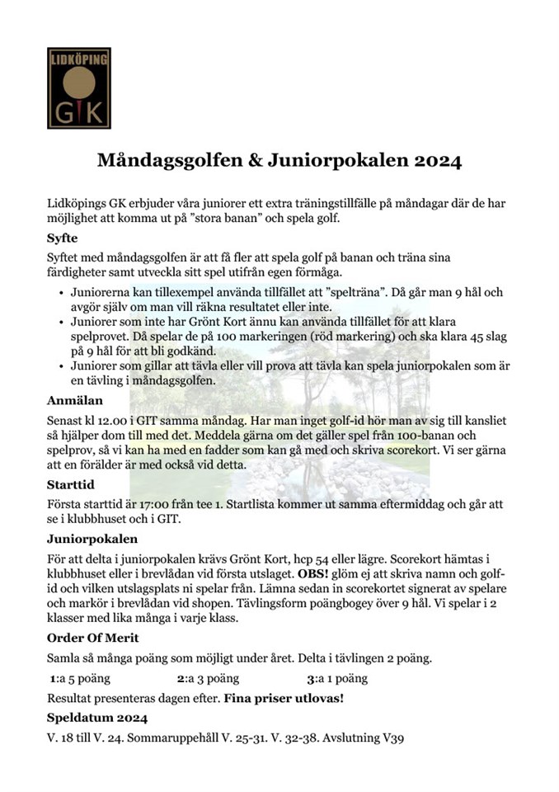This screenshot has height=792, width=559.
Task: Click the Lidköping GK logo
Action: tap(78, 88)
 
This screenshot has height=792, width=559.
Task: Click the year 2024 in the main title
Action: tap(435, 159)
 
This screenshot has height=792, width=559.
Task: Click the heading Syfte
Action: tap(63, 238)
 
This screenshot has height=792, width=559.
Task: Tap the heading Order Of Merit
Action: tap(92, 638)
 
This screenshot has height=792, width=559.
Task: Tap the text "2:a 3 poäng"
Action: tap(208, 679)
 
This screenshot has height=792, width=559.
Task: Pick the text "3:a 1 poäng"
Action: tap(336, 679)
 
